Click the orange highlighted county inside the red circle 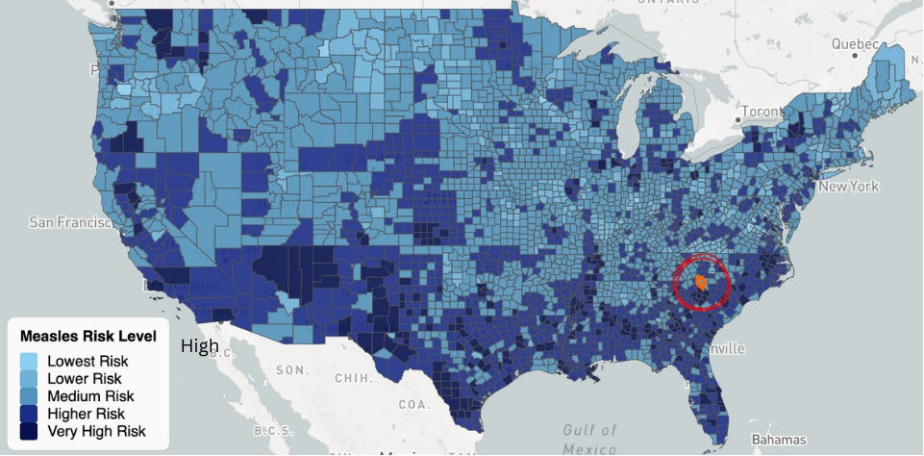coord(702,283)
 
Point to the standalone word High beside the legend coord(200,346)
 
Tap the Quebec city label coord(855,44)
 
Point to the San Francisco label coord(69,222)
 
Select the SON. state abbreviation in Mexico coord(292,370)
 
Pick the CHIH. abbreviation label coord(353,379)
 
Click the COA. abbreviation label coord(415,405)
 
